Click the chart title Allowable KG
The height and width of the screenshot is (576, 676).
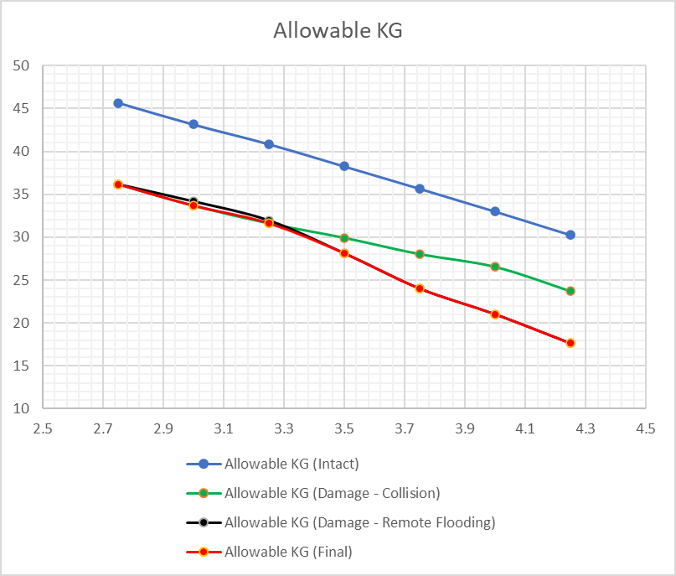338,31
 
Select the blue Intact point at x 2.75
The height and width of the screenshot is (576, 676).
118,103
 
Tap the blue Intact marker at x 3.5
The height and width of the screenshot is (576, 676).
344,166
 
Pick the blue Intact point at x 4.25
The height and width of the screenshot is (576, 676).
570,235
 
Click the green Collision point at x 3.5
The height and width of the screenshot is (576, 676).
344,238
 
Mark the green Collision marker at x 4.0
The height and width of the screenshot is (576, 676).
495,267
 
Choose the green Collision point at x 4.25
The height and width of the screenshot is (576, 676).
570,291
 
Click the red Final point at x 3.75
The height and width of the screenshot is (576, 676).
420,288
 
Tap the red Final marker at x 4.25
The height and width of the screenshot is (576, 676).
570,343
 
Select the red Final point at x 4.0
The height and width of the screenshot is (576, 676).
495,314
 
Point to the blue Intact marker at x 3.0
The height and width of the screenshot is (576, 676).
194,124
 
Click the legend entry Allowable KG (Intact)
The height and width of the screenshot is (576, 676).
272,464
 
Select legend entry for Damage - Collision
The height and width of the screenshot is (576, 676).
313,493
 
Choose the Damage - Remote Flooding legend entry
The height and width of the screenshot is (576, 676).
341,522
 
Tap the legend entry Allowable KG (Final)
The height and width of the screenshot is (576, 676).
269,552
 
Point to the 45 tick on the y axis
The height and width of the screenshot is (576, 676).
21,108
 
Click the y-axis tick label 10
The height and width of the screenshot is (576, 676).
21,408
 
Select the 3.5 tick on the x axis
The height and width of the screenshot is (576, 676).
344,428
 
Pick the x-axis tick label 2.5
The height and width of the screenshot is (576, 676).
43,428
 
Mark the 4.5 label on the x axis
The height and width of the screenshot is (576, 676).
645,428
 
